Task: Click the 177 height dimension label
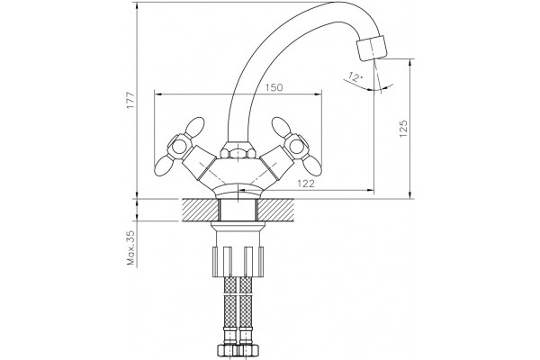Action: [x=130, y=101]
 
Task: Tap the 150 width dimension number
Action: [x=274, y=87]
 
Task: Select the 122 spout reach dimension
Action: [x=305, y=184]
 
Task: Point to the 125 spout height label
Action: [x=403, y=129]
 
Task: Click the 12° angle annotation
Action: [x=355, y=76]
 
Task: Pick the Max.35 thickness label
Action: [x=130, y=247]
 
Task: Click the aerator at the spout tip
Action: [x=372, y=49]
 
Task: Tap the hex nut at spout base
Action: [x=238, y=150]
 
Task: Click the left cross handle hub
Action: [x=179, y=148]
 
